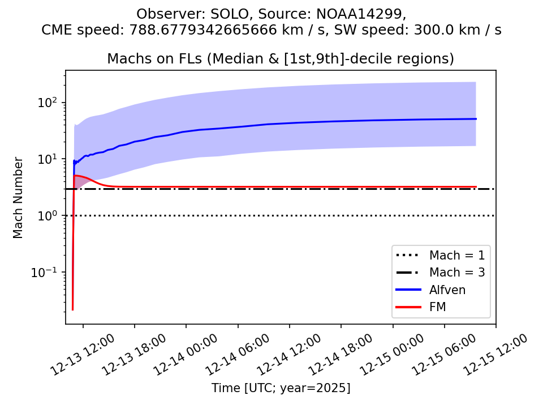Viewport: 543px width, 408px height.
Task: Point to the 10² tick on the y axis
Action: tap(54, 103)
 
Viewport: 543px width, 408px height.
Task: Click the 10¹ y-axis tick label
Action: tap(54, 159)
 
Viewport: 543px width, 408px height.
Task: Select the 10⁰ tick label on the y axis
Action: tap(54, 216)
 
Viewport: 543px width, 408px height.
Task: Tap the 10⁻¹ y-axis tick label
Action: tap(51, 273)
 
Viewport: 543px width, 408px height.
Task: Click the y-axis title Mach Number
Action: tap(19, 197)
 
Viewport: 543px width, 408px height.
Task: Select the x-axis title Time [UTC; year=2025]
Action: tap(281, 388)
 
